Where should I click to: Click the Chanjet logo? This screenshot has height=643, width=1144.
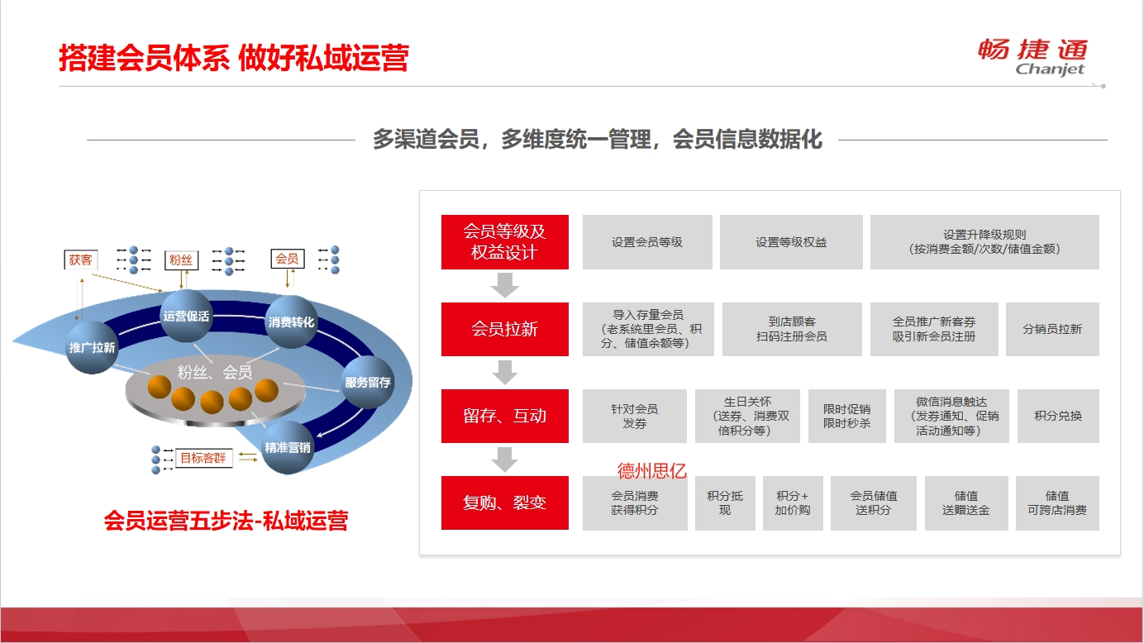1032,57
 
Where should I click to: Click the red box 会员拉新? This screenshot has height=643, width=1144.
504,329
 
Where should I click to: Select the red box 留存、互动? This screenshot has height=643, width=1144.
504,416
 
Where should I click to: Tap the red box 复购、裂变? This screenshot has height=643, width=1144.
504,502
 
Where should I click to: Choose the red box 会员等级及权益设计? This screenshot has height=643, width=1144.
504,241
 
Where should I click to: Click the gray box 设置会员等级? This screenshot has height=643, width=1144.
647,241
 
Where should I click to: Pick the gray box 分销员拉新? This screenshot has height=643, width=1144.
1052,329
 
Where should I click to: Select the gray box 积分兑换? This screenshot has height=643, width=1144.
1058,416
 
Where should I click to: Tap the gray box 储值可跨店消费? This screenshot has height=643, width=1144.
1057,503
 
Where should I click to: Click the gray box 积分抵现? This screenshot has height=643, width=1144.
725,503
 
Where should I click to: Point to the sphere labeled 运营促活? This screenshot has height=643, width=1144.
186,316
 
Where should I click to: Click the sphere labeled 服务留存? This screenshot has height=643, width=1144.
368,382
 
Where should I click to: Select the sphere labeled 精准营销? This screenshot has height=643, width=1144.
287,447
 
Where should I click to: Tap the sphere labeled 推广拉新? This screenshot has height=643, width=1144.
93,347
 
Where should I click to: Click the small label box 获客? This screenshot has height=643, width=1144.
81,260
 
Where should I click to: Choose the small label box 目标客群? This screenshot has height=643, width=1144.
203,458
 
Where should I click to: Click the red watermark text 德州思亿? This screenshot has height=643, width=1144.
651,470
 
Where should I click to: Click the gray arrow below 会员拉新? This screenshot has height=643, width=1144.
505,372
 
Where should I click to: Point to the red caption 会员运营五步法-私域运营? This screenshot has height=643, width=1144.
226,521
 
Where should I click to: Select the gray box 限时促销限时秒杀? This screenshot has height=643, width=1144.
846,416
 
